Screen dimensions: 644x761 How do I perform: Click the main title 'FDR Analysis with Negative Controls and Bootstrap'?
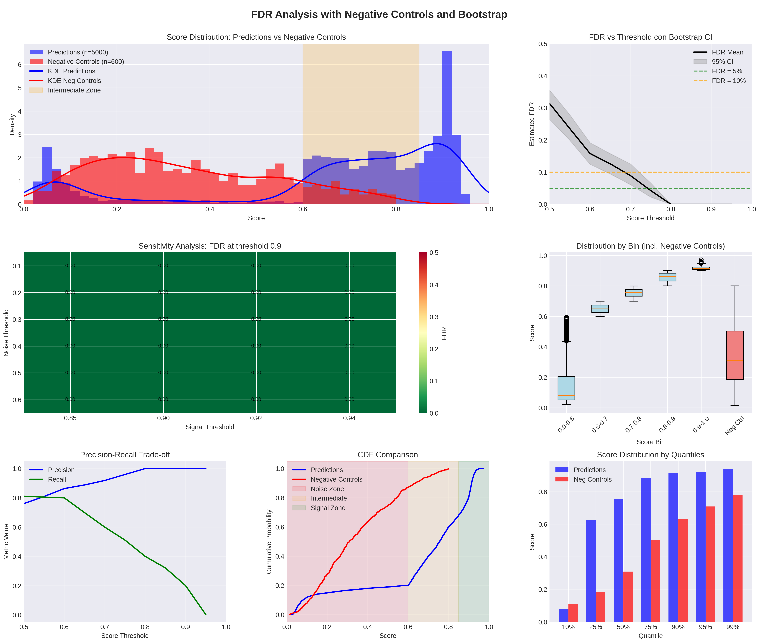[x=379, y=15]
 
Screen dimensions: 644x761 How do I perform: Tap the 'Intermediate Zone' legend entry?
[x=74, y=90]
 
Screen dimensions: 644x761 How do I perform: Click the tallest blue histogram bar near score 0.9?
[x=447, y=128]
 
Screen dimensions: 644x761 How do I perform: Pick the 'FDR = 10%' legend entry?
[x=728, y=81]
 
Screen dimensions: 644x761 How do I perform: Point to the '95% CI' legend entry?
[x=722, y=62]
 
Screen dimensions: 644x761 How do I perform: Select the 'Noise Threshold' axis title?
[x=6, y=333]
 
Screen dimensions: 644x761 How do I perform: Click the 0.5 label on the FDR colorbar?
[x=434, y=253]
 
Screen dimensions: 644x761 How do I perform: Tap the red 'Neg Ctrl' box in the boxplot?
[x=735, y=355]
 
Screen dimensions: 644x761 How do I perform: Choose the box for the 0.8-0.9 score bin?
[x=668, y=277]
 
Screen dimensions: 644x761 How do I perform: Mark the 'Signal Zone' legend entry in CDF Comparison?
[x=328, y=508]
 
